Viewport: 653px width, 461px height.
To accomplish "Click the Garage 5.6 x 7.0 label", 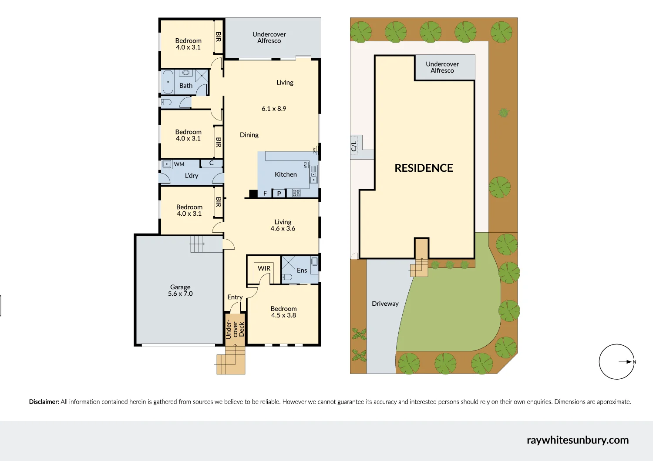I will pos(180,291).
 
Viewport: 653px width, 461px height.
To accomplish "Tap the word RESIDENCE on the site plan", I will pos(424,168).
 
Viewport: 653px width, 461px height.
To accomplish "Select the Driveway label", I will pos(385,304).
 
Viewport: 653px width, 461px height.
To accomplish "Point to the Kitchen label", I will pos(286,174).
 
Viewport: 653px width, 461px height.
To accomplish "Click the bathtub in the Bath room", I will pos(168,82).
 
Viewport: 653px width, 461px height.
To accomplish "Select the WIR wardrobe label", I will pos(264,268).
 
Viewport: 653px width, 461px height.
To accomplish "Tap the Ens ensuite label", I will pos(302,271).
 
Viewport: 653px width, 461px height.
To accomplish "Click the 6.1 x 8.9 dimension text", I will pos(274,109).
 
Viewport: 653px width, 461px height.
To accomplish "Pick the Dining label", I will pos(249,135).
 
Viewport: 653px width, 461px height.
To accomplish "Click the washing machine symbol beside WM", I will pos(167,164).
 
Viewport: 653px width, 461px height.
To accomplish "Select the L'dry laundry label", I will pos(191,176).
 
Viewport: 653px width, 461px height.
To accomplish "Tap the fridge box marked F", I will pos(265,194).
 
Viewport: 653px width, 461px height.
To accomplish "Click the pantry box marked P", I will pos(279,194).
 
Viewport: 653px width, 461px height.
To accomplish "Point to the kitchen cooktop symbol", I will pos(296,193).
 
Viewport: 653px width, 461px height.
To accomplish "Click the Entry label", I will pos(235,297).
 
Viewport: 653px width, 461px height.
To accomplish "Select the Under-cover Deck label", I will pos(235,329).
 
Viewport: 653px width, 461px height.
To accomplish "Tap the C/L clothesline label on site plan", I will pos(354,146).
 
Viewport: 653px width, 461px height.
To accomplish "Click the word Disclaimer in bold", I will pos(44,402).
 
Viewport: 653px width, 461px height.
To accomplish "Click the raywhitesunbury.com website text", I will pos(577,440).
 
